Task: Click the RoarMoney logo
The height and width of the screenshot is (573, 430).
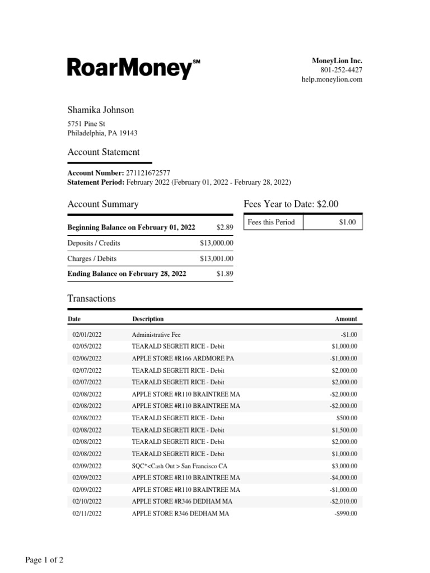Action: click(x=133, y=68)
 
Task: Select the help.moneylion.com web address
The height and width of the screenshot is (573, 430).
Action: click(x=332, y=79)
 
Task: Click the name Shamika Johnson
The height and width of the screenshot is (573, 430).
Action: click(x=101, y=110)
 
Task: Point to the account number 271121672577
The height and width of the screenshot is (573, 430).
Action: click(x=148, y=173)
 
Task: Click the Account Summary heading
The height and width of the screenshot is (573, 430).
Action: click(x=102, y=204)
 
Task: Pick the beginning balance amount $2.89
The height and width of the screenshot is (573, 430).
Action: click(x=225, y=228)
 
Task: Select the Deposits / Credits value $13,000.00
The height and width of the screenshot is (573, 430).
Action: click(x=217, y=243)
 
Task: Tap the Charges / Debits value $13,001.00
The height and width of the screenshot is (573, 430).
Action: click(x=217, y=259)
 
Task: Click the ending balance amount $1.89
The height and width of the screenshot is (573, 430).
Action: click(x=225, y=274)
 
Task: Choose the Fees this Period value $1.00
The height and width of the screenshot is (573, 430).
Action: click(x=347, y=222)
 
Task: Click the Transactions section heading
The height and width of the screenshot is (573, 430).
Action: click(x=91, y=298)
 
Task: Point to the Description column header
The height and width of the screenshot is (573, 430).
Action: click(x=148, y=319)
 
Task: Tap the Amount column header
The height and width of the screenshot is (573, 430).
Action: click(x=345, y=319)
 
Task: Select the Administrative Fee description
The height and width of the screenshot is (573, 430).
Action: click(x=156, y=335)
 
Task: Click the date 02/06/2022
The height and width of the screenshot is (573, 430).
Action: click(x=87, y=358)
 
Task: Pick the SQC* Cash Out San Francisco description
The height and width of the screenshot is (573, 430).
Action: click(x=179, y=466)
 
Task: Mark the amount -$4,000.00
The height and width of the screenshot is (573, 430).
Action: click(x=343, y=477)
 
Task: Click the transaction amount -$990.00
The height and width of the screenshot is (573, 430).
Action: click(x=345, y=513)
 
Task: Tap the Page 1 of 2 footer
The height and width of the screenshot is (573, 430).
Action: click(x=44, y=560)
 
